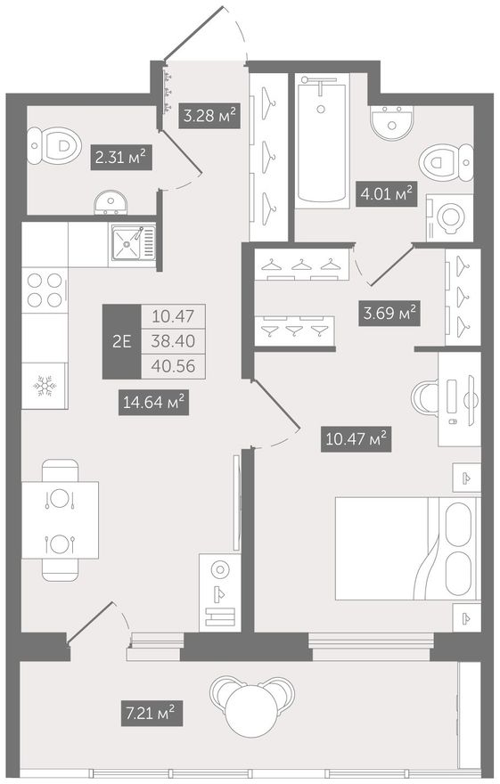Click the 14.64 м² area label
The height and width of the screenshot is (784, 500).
tap(153, 403)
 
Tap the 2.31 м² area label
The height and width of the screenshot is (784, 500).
tap(120, 158)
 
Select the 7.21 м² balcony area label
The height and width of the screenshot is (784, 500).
tap(152, 713)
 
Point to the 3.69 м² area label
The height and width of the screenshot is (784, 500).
tap(389, 313)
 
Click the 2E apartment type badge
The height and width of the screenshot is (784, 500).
tap(121, 341)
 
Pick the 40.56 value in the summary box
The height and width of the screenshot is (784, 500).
tap(173, 366)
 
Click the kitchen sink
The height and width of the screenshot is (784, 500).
tap(133, 243)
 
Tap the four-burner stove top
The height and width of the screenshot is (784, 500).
tap(45, 290)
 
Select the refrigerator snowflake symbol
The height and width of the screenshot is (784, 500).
tap(45, 386)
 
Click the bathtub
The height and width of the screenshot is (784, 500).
tap(322, 141)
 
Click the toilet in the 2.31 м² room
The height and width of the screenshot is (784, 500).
tap(54, 145)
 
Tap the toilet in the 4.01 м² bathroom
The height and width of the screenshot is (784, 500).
tap(446, 162)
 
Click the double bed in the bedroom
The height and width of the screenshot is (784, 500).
tap(407, 549)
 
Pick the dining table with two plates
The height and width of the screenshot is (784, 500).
tap(60, 520)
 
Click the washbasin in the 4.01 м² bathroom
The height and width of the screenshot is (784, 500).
tap(392, 122)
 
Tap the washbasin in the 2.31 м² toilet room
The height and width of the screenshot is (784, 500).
tap(111, 203)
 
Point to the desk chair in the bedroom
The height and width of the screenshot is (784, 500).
tap(424, 398)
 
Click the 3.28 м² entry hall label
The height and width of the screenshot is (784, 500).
tap(209, 116)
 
